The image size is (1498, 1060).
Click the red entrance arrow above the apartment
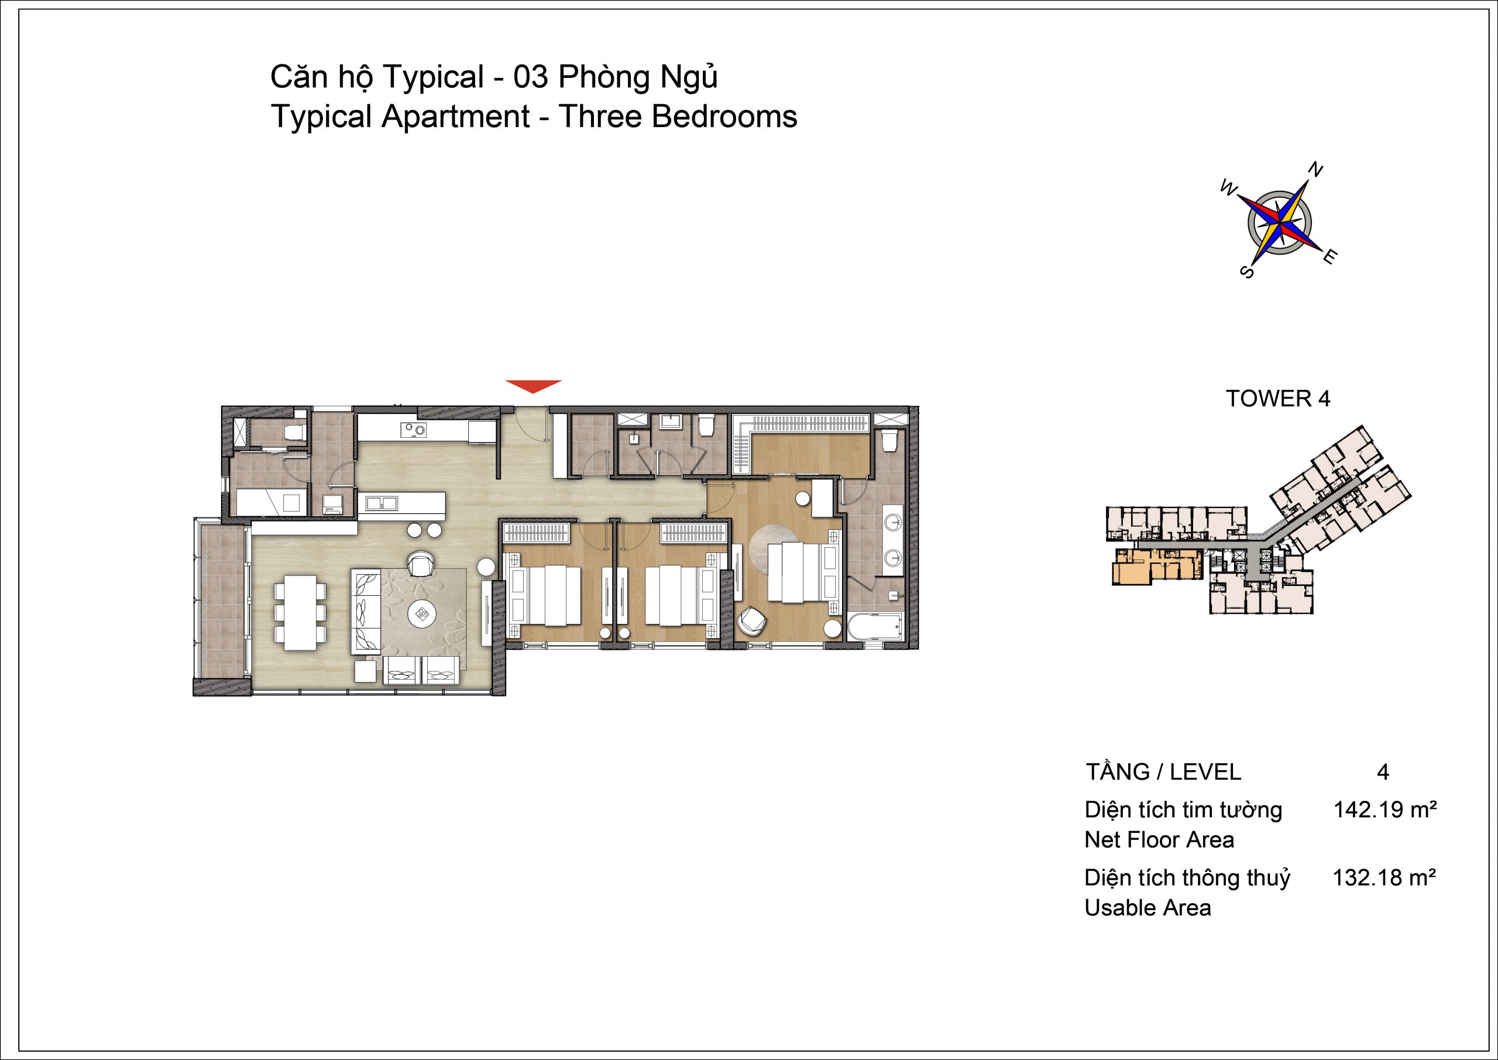[x=533, y=386]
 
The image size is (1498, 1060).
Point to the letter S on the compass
[x=1246, y=271]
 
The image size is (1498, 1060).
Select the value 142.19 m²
[x=1385, y=810]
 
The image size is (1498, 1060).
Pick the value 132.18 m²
[x=1384, y=878]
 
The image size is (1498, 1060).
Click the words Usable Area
[x=1147, y=908]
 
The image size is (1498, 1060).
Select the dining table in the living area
[x=300, y=612]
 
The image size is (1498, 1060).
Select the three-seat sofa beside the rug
[x=367, y=611]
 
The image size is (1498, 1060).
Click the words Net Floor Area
[x=1159, y=840]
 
